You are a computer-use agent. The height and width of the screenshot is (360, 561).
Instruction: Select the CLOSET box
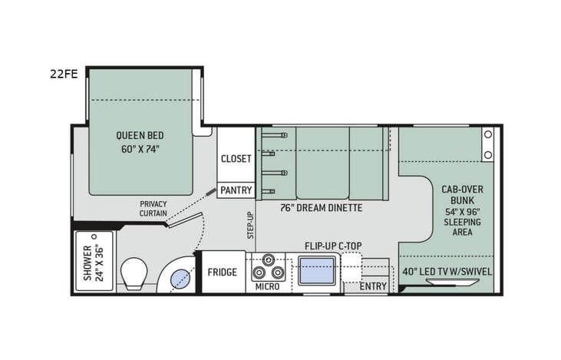click(x=236, y=159)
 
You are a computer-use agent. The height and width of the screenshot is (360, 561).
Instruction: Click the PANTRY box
click(x=236, y=190)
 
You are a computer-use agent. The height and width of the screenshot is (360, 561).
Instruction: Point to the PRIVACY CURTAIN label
click(x=153, y=209)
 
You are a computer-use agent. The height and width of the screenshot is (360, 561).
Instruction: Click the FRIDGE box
click(x=223, y=272)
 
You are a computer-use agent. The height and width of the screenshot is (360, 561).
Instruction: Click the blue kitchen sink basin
click(x=317, y=271)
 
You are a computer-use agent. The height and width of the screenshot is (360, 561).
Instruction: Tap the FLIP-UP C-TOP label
click(x=332, y=246)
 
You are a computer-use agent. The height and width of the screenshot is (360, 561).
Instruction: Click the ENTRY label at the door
click(x=373, y=286)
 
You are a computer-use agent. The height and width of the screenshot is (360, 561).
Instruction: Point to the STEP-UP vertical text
click(x=250, y=226)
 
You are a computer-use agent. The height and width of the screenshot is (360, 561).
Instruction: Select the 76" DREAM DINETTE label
click(x=320, y=208)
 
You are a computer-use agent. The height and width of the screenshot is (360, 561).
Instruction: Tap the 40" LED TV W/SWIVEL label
click(x=447, y=271)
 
